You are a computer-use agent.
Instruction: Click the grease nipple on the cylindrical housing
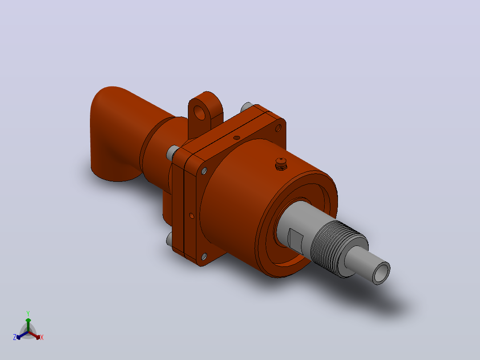(281, 164)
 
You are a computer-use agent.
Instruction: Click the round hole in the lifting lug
(199, 113)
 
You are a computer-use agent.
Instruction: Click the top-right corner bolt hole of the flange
(278, 127)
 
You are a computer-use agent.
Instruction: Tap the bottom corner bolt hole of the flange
(203, 257)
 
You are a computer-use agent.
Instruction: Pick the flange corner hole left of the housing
(203, 171)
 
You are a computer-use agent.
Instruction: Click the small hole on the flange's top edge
(236, 138)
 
